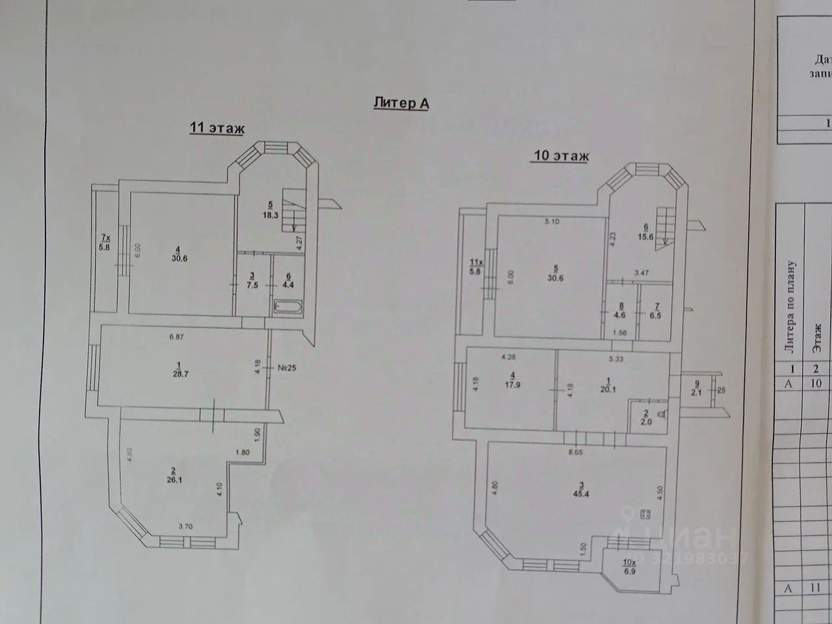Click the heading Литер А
pyautogui.click(x=402, y=103)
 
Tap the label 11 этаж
pyautogui.click(x=216, y=128)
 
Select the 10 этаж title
pyautogui.click(x=560, y=156)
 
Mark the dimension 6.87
pyautogui.click(x=177, y=337)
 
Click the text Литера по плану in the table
pyautogui.click(x=791, y=307)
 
